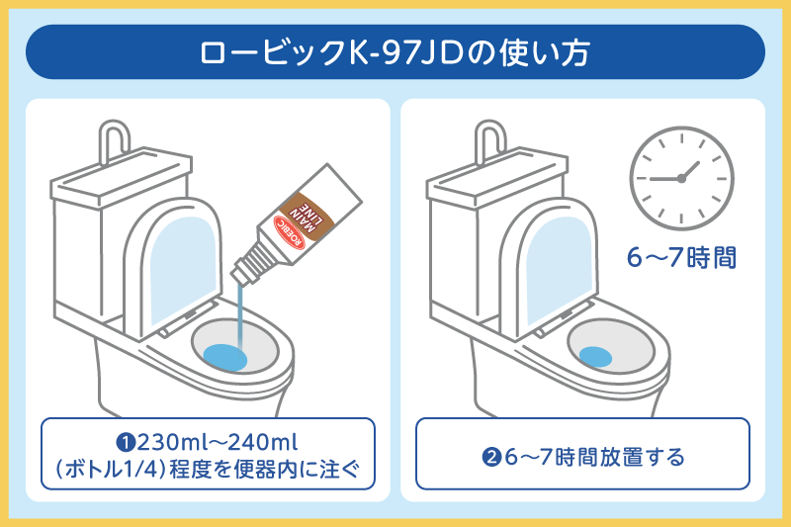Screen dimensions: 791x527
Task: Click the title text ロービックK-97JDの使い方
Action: (x=395, y=52)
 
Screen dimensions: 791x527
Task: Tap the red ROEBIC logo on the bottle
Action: (x=290, y=232)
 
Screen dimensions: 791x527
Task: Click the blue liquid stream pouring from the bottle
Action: (x=240, y=315)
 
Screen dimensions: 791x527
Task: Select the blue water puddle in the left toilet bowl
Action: (x=225, y=357)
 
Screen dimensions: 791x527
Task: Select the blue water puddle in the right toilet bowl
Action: (x=595, y=357)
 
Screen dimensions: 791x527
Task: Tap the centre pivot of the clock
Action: (x=681, y=179)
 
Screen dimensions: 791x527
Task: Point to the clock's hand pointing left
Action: (x=665, y=179)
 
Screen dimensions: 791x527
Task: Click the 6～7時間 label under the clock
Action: (x=681, y=258)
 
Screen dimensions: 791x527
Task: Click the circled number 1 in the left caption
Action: (x=127, y=443)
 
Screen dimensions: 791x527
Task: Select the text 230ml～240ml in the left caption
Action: (x=218, y=442)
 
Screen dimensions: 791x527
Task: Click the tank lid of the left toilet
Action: (x=122, y=177)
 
